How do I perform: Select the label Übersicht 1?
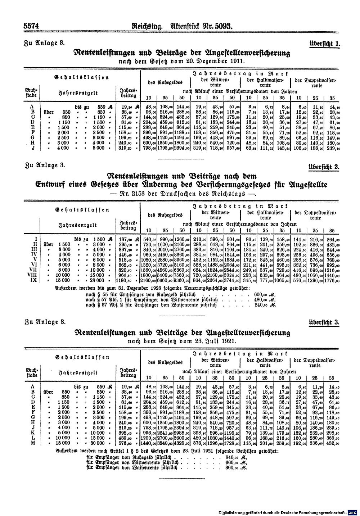tap(325, 44)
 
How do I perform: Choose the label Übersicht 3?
tap(324, 322)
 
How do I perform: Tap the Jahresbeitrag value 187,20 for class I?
tap(126, 239)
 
